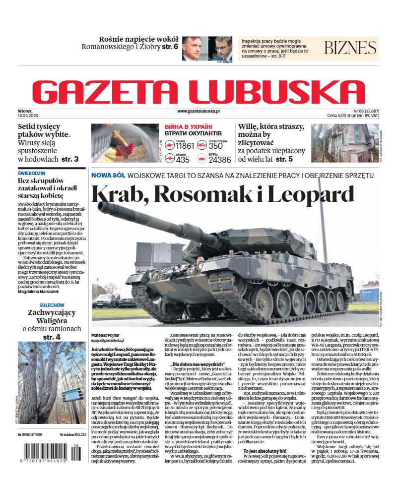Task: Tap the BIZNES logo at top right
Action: [x=350, y=48]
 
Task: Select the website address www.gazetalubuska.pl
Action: [x=198, y=112]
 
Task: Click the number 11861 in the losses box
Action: [x=185, y=146]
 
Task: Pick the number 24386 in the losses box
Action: [x=219, y=160]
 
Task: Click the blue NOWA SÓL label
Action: [x=107, y=176]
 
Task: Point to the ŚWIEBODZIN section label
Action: [x=31, y=174]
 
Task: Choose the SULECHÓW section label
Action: [x=48, y=305]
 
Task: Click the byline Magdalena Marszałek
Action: [x=39, y=291]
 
